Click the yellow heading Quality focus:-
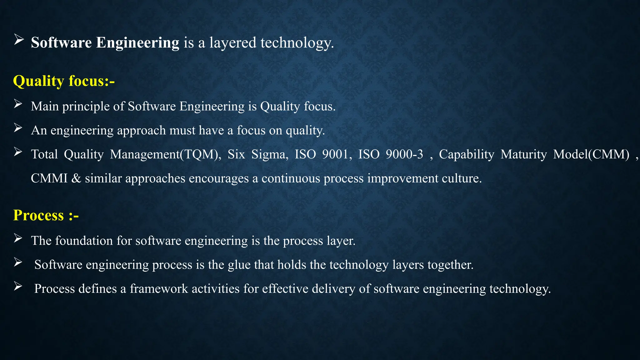(x=64, y=81)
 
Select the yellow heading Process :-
(x=46, y=215)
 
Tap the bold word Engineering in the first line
(x=137, y=43)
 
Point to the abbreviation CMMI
(x=49, y=178)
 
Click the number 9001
(x=335, y=154)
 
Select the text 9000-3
(x=404, y=154)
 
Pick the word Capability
(x=467, y=154)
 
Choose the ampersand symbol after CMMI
(x=76, y=178)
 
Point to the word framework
(x=159, y=289)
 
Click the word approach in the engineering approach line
(x=141, y=131)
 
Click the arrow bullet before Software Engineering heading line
(x=18, y=40)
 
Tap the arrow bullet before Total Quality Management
(x=18, y=152)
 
